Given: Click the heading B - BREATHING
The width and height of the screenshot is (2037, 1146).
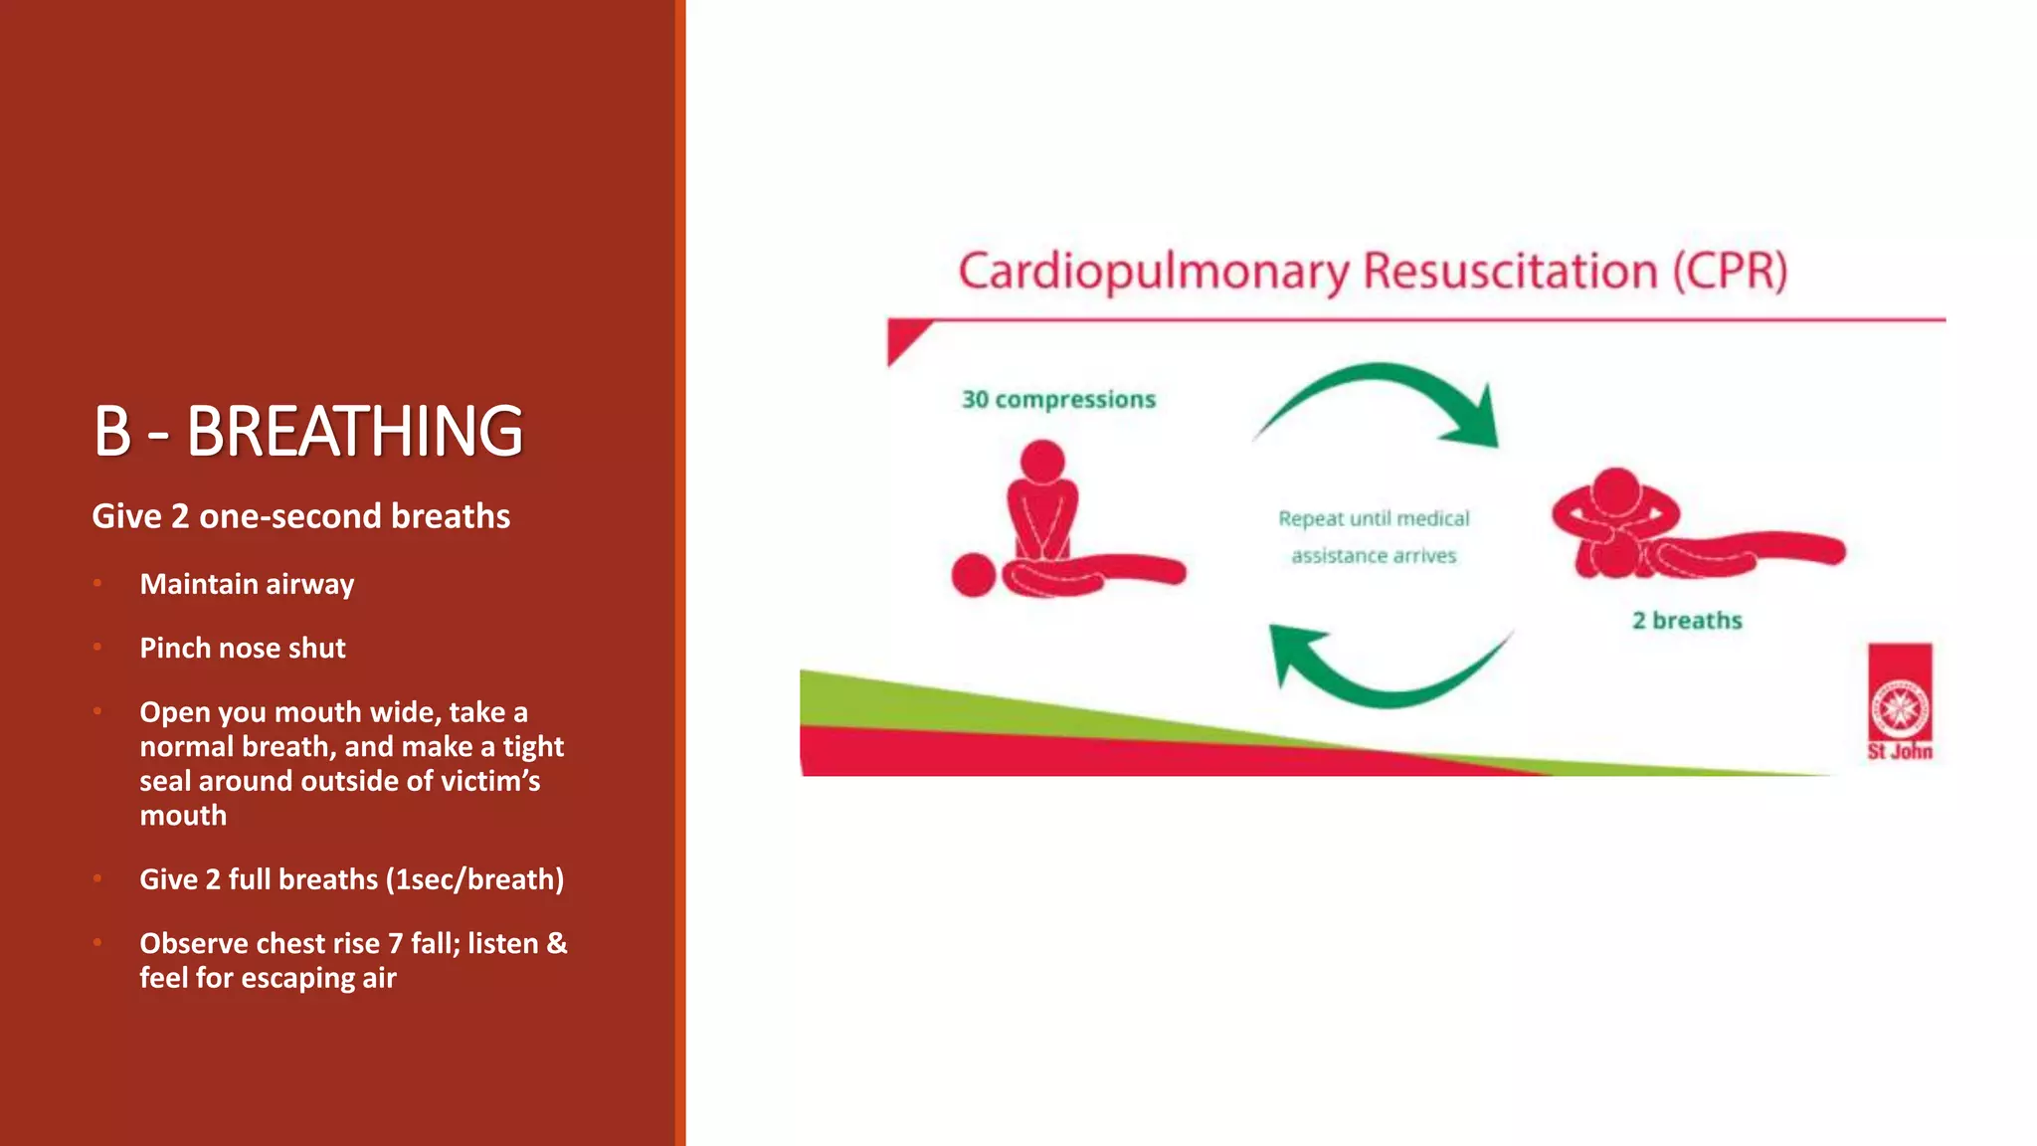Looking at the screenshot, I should pos(307,431).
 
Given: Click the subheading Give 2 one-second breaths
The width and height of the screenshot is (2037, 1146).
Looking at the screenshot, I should pos(300,516).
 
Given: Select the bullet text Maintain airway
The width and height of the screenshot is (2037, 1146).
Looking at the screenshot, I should pos(247,584).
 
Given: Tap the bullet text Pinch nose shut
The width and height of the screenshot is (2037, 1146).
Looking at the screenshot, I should pos(243,649).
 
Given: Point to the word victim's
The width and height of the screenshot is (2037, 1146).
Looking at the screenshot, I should pos(490,781).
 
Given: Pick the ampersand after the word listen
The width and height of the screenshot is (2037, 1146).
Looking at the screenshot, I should pos(557,943).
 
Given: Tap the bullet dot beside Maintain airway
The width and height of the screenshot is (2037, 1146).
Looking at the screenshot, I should pos(97,584).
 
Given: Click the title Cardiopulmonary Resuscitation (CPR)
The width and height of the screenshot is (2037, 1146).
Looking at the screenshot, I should pos(1372,272).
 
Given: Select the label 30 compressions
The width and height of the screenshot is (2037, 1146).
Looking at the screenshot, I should pos(1058,400).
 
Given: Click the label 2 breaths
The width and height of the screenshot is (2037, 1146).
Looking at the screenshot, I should pos(1687,621).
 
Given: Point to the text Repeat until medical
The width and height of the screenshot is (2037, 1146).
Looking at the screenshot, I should pos(1374,518).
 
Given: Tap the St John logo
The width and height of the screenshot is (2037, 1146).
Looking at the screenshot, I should pos(1900,702).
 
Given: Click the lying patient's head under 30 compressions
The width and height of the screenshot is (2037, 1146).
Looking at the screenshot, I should pos(974,576).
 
